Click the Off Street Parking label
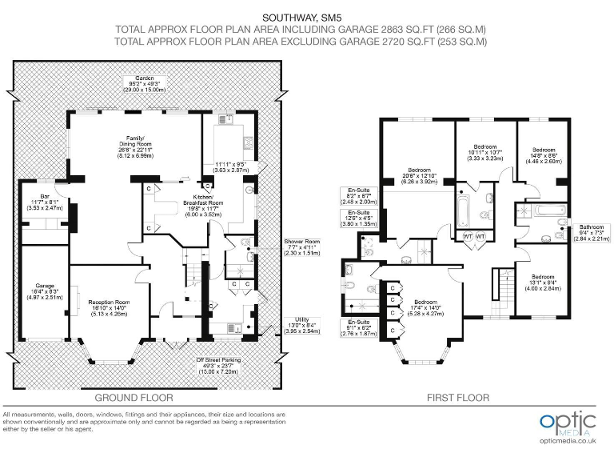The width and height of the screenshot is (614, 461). point(218,359)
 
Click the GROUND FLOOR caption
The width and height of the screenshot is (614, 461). point(134,397)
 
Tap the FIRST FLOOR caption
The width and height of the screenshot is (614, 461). point(457,397)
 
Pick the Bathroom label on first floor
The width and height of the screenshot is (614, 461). point(592,227)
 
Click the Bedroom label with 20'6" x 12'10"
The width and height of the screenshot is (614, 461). point(420,170)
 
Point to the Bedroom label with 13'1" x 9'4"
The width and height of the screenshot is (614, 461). point(543,275)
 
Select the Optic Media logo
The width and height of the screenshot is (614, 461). point(568,423)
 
